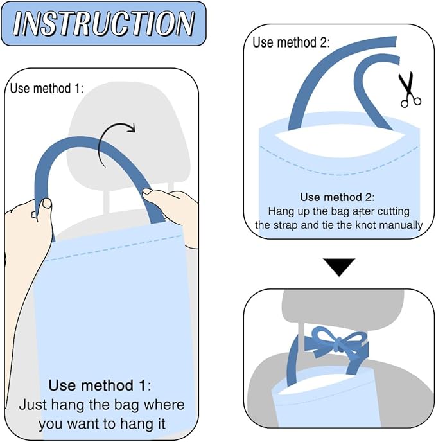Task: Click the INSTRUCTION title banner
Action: [103, 23]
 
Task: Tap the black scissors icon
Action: [409, 90]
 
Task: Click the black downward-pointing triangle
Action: [339, 267]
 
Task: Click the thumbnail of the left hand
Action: [47, 202]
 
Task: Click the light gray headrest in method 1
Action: [128, 136]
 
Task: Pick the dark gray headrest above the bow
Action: [343, 306]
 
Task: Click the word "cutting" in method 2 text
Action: [394, 211]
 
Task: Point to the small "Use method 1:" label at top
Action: [47, 88]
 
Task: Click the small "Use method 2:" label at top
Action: [291, 42]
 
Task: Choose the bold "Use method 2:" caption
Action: [337, 197]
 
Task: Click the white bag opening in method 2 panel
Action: [340, 141]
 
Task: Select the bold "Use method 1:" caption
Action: [100, 385]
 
